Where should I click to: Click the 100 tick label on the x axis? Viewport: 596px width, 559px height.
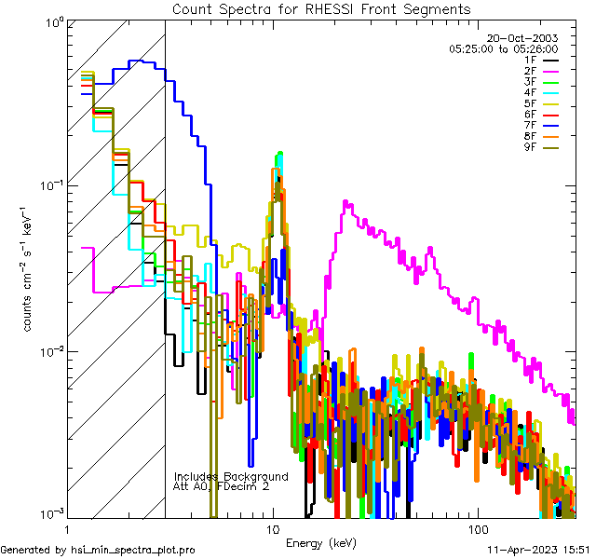pyautogui.click(x=477, y=528)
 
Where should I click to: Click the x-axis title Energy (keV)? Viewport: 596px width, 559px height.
pyautogui.click(x=321, y=542)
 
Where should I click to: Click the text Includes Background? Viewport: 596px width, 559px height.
pyautogui.click(x=230, y=476)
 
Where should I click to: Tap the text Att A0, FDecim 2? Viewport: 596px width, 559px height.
pyautogui.click(x=222, y=486)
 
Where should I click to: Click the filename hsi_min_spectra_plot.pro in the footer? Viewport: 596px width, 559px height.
pyautogui.click(x=132, y=551)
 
